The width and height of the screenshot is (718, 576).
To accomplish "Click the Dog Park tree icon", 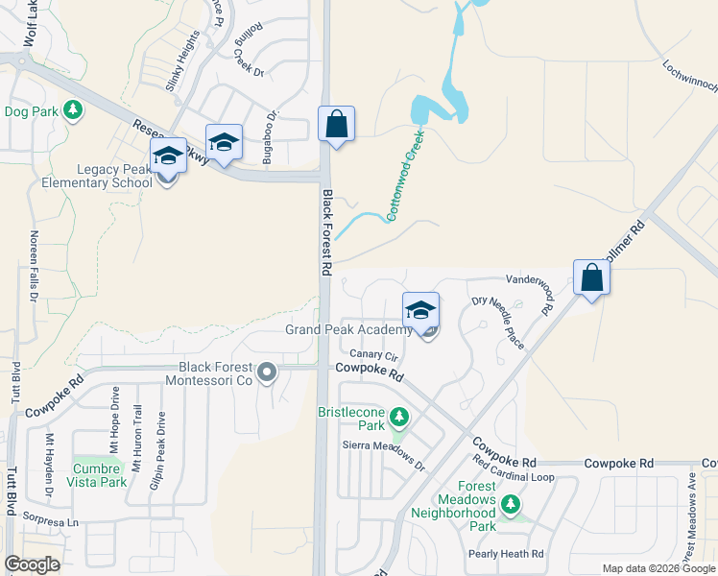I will [72, 111].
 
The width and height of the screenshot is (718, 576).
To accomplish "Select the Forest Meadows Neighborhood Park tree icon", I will [512, 503].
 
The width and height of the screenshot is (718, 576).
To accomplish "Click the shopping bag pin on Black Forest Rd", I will [336, 125].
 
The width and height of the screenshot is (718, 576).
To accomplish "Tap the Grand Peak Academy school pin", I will [420, 311].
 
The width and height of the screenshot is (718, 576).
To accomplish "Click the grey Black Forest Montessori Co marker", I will [267, 371].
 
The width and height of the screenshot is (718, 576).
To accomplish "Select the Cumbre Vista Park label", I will [99, 475].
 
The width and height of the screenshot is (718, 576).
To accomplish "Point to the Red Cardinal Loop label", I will [514, 476].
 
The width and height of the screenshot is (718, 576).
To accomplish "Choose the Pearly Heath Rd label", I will [506, 554].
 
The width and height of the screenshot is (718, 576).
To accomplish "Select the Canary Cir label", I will [367, 355].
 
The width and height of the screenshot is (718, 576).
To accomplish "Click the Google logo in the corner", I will [32, 564].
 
